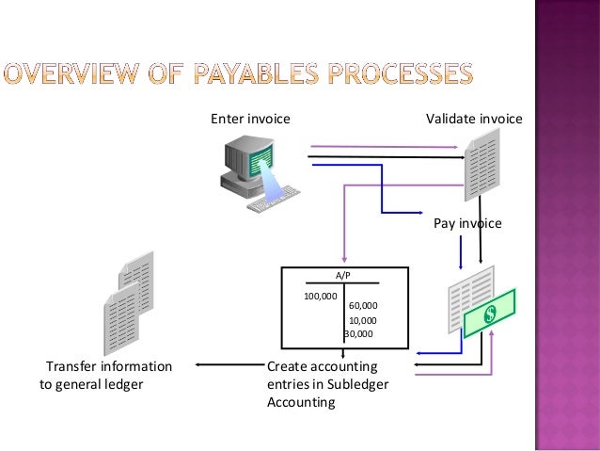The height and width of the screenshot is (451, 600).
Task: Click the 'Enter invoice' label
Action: (x=250, y=120)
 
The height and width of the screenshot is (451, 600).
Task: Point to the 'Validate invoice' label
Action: (x=474, y=120)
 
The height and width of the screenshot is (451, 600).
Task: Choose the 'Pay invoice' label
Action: (x=467, y=224)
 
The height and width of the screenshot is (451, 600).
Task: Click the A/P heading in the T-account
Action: (x=344, y=276)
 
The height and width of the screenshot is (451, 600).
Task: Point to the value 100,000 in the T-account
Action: (x=320, y=296)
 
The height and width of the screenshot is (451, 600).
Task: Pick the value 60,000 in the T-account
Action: (x=363, y=306)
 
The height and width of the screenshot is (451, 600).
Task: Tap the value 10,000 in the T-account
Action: (x=363, y=320)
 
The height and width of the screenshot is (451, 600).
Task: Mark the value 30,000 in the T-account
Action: (x=358, y=333)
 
